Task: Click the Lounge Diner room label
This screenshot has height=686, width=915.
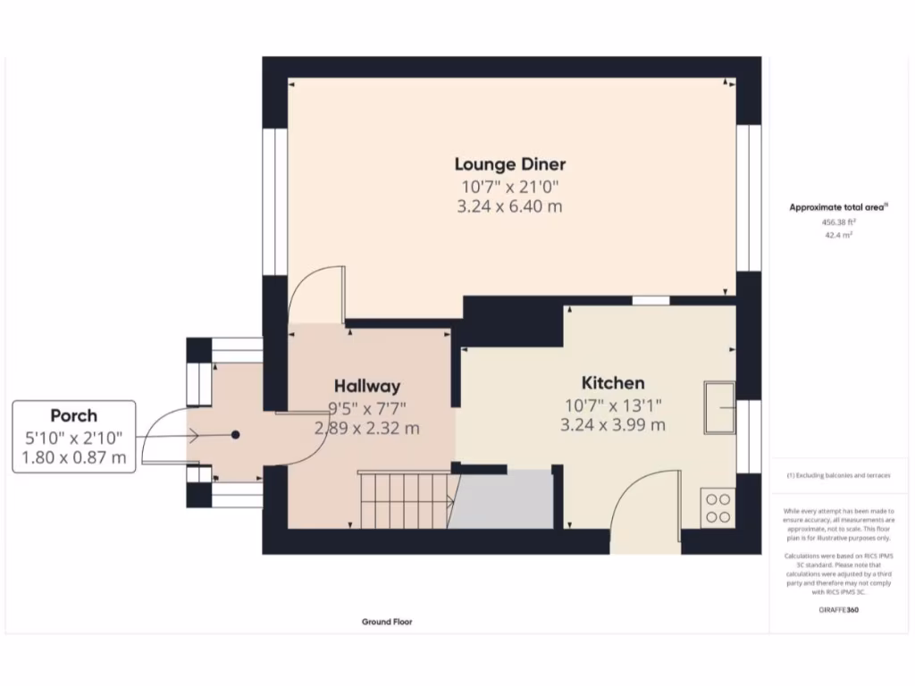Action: tap(509, 164)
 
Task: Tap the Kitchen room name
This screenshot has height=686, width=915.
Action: tap(612, 382)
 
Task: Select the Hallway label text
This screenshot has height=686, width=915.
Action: tap(366, 386)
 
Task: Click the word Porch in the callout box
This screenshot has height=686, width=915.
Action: tap(73, 415)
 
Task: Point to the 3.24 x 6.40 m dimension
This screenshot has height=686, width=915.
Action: tap(510, 207)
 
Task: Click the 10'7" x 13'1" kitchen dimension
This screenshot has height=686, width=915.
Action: tap(612, 406)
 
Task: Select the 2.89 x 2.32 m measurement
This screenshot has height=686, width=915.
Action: tap(366, 429)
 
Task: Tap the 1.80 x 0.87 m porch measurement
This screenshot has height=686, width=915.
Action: tap(73, 459)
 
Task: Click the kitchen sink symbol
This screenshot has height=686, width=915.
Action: tap(718, 407)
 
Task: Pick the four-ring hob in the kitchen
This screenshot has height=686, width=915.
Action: tap(718, 507)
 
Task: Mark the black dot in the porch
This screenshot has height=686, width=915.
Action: tap(235, 435)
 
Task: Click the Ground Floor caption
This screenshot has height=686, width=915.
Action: tap(387, 622)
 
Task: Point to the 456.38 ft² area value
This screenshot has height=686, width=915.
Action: tap(838, 222)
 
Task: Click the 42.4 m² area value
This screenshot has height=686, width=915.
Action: tap(838, 236)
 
